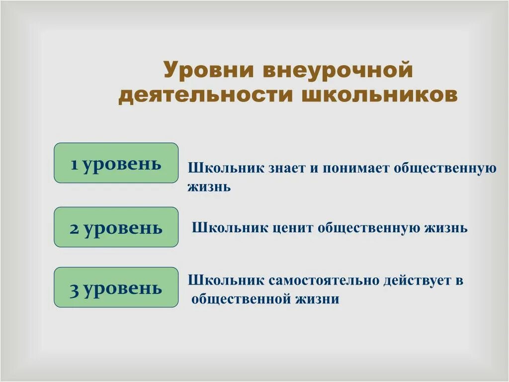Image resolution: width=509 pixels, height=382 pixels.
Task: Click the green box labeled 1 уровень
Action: point(116,163)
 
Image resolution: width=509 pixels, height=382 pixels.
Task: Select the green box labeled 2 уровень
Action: point(116,227)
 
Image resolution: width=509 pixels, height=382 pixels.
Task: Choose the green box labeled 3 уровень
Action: point(116,287)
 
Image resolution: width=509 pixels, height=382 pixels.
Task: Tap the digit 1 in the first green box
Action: point(75,164)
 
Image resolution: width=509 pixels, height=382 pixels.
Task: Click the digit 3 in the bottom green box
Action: point(75,289)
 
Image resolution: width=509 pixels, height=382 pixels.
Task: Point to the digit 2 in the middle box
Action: point(75,228)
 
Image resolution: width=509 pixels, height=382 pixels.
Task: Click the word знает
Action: point(287,168)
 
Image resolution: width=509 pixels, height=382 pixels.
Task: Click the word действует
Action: point(416,281)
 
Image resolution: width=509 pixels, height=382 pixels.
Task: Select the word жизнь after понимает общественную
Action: point(209,187)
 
